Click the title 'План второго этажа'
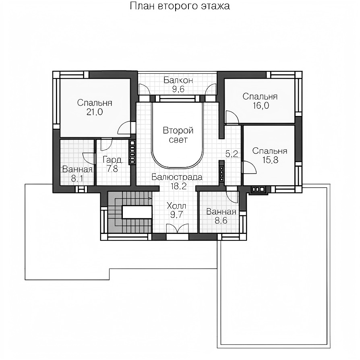[x=180, y=6]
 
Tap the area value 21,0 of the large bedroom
[x=95, y=112]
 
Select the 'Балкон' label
[x=178, y=80]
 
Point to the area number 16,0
[x=261, y=106]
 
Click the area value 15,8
[x=270, y=160]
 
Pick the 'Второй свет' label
[x=178, y=135]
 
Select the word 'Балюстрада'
[x=177, y=177]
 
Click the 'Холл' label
[x=176, y=205]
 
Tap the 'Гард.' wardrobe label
[x=112, y=159]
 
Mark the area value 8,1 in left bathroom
[x=77, y=178]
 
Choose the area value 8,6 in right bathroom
[x=221, y=221]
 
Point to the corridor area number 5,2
[x=232, y=154]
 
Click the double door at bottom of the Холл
[x=177, y=229]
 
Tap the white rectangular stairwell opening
[x=137, y=212]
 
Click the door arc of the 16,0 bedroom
[x=232, y=117]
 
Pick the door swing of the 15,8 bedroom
[x=250, y=167]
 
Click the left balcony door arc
[x=145, y=89]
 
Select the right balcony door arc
[x=211, y=89]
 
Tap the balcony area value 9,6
[x=178, y=89]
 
